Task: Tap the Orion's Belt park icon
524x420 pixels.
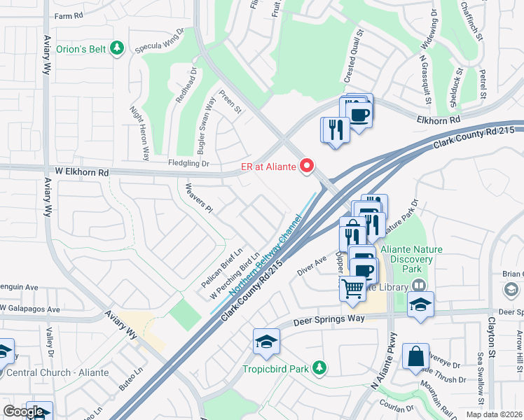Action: (118, 48)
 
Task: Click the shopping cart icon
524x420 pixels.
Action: (352, 287)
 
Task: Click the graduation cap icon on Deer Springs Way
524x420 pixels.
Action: (266, 341)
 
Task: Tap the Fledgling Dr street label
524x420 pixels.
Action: (188, 163)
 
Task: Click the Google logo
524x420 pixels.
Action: (23, 412)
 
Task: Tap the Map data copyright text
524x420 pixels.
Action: (495, 414)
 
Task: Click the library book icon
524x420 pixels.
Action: (418, 286)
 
